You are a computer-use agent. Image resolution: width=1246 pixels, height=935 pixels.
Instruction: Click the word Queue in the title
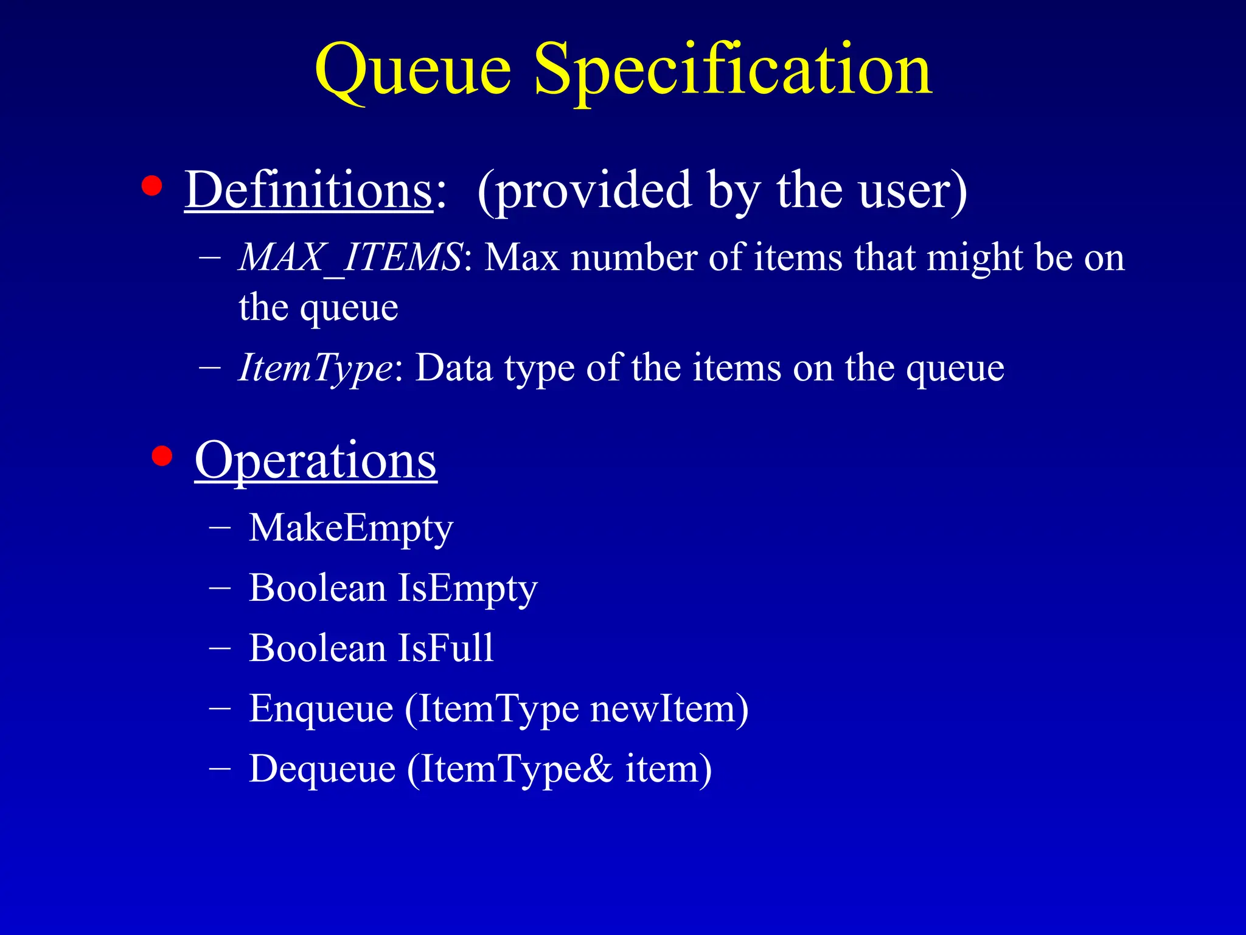tap(413, 72)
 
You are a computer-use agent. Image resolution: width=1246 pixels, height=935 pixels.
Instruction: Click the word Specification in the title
tap(733, 72)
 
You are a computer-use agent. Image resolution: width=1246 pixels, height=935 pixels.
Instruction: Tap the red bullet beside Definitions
tap(151, 186)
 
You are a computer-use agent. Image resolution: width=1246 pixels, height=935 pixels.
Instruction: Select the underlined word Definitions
tap(308, 190)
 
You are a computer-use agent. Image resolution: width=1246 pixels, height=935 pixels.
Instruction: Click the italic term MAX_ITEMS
tap(350, 257)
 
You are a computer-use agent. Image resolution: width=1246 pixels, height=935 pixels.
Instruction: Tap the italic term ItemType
tap(316, 368)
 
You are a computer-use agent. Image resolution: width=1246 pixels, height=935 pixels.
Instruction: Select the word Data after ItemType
tap(454, 368)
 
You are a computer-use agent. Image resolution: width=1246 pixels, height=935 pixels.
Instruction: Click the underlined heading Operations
tap(316, 461)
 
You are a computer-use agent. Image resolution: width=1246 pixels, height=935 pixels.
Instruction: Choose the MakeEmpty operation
tap(351, 528)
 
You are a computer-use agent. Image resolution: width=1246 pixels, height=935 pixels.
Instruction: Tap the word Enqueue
tap(321, 709)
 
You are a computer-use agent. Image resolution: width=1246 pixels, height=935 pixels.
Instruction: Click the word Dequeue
tap(322, 769)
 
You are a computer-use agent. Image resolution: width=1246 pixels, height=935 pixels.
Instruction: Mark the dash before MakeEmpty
tap(219, 528)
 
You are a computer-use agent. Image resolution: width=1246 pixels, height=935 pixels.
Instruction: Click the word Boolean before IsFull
tap(317, 648)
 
